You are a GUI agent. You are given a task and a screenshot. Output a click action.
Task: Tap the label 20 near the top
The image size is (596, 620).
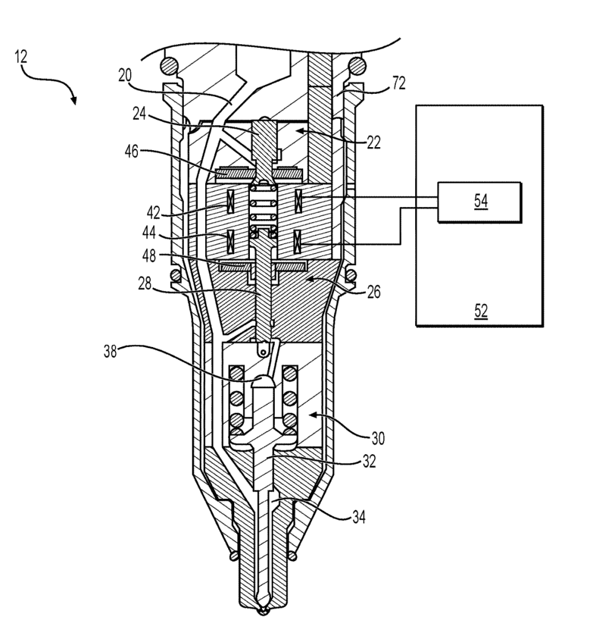[x=125, y=75]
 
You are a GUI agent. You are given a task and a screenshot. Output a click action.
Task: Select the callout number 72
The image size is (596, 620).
[x=399, y=84]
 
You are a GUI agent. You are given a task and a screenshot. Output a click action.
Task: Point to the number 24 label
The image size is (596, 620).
[x=139, y=114]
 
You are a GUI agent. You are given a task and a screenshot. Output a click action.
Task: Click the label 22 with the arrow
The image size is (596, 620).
[x=373, y=142]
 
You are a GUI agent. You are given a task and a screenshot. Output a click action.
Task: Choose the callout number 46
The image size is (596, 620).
[x=132, y=151]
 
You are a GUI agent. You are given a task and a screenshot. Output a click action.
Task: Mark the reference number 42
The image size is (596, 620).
[x=153, y=213]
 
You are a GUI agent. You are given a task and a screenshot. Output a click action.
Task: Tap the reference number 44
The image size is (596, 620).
[x=149, y=233]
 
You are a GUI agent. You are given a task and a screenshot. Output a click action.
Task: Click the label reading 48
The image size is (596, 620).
[x=149, y=256]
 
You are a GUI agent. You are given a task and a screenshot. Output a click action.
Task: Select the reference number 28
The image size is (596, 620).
[x=145, y=283]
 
